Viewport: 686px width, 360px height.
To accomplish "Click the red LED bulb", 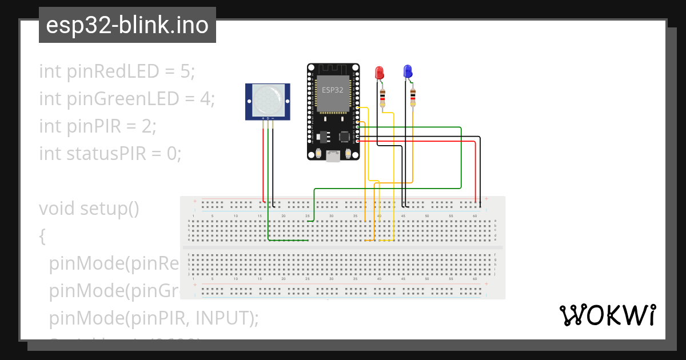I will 379,73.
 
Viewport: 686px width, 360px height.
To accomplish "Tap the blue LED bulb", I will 408,71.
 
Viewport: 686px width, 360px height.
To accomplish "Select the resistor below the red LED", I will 382,98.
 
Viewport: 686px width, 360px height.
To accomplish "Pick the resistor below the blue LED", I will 413,97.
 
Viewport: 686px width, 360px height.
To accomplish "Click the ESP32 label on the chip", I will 333,90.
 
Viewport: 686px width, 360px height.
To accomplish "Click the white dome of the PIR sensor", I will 268,99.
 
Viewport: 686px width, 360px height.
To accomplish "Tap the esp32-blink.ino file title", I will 127,26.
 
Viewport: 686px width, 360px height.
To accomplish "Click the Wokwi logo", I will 607,315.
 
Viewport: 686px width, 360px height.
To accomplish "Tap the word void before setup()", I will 57,209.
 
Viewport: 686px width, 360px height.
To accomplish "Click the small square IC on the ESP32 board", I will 345,137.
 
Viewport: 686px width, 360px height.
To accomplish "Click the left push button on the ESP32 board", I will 318,153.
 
